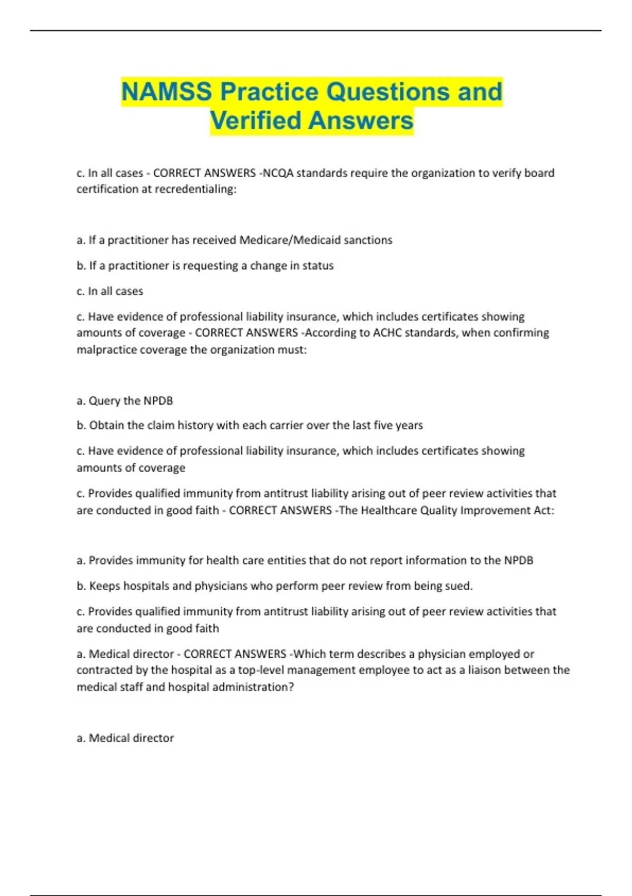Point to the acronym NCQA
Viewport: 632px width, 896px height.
[x=278, y=173]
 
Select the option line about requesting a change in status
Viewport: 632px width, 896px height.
[x=205, y=266]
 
